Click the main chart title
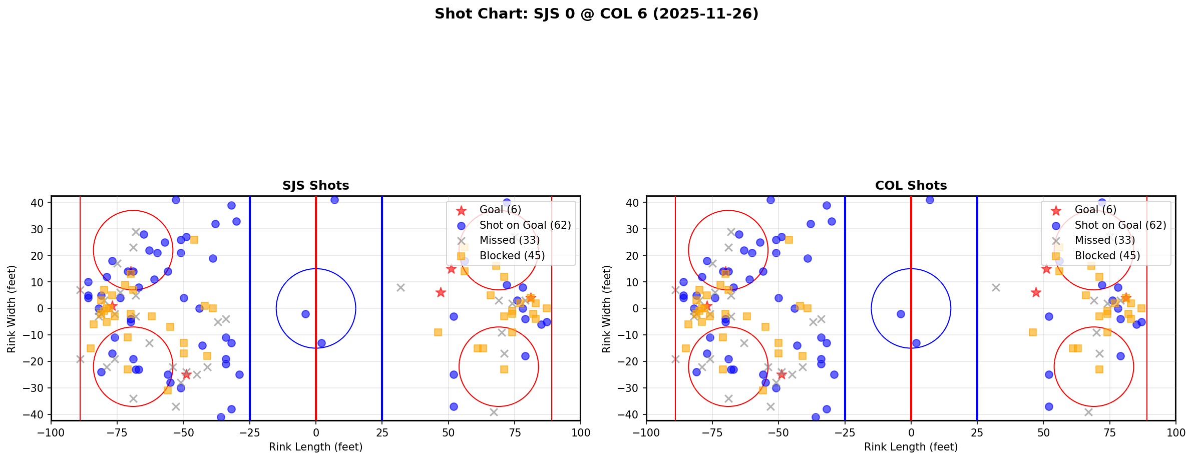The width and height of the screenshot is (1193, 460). coord(596,14)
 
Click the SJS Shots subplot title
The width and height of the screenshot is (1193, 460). coord(315,186)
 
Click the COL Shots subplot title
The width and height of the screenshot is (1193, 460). coord(911,186)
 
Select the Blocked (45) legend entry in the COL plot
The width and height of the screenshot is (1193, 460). coord(1107,256)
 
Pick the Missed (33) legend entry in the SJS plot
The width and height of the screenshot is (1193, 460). coord(509,240)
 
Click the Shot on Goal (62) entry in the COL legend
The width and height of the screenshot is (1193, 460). coord(1120,225)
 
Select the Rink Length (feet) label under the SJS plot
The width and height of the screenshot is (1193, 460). coord(315,447)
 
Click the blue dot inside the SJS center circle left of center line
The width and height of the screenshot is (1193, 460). coord(305,314)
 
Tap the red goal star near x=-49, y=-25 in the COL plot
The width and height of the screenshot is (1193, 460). coord(781,374)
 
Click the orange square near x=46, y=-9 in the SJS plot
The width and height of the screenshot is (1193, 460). coord(438,332)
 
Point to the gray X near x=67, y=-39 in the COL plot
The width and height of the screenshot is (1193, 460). coord(1088,412)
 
